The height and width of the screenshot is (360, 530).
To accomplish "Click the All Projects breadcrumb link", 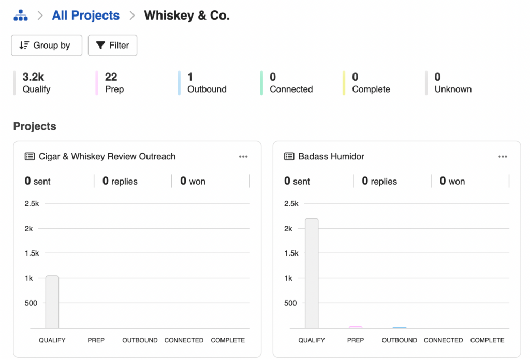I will pyautogui.click(x=85, y=16).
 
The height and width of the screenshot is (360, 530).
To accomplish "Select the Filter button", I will pyautogui.click(x=112, y=46).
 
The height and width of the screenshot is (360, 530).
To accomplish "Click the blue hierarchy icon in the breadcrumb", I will pyautogui.click(x=21, y=16).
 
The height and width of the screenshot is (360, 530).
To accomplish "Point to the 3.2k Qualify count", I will pyautogui.click(x=33, y=77).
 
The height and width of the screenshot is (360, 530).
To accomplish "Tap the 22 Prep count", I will pyautogui.click(x=111, y=77).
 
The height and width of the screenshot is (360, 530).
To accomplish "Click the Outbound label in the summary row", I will pyautogui.click(x=207, y=89).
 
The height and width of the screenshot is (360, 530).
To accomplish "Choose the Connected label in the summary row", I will pyautogui.click(x=291, y=89).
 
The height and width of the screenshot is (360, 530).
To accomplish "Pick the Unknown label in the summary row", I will pyautogui.click(x=453, y=89).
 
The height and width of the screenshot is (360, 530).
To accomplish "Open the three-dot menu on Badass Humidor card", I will pyautogui.click(x=503, y=157).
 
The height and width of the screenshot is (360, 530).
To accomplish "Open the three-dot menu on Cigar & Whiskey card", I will pyautogui.click(x=243, y=157).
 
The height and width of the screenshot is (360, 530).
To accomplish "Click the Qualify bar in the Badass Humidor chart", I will pyautogui.click(x=312, y=273).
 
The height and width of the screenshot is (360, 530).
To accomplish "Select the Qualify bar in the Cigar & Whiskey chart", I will pyautogui.click(x=52, y=302).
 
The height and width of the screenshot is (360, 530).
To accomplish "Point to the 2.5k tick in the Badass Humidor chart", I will pyautogui.click(x=291, y=204).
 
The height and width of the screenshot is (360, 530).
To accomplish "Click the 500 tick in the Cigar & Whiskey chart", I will pyautogui.click(x=31, y=303).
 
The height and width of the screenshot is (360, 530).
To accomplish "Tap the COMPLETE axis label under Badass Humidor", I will pyautogui.click(x=487, y=340).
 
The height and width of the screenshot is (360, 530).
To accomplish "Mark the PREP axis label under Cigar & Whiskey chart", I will pyautogui.click(x=96, y=340).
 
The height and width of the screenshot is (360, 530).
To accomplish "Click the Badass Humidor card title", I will pyautogui.click(x=331, y=157).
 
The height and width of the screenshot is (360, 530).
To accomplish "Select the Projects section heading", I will pyautogui.click(x=35, y=126).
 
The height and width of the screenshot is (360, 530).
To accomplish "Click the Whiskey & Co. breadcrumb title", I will pyautogui.click(x=186, y=16).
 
